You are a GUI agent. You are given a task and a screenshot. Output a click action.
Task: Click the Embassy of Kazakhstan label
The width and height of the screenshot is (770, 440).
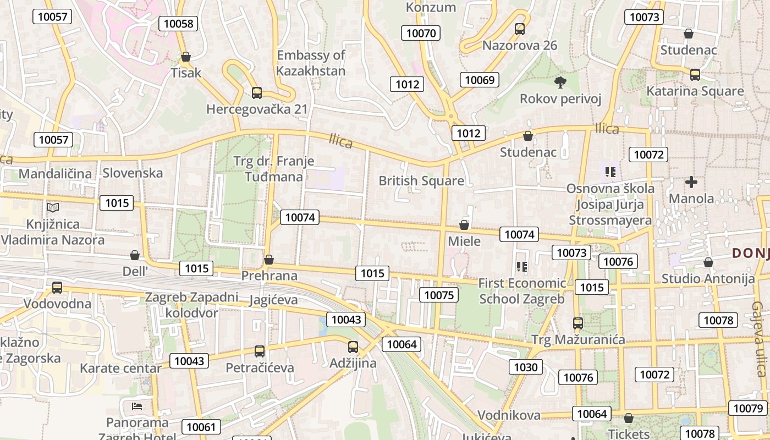point(311,63)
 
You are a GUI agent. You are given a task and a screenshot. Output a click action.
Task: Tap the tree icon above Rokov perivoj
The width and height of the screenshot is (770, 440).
point(560,83)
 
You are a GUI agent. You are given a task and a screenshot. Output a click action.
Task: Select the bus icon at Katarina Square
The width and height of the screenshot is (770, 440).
point(695,74)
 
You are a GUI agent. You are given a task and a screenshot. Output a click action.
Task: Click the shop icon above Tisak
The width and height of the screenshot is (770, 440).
point(186,57)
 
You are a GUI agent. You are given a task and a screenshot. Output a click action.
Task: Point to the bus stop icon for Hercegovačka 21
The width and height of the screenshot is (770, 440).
point(256,92)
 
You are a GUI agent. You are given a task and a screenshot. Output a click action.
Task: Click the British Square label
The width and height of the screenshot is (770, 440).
point(421,180)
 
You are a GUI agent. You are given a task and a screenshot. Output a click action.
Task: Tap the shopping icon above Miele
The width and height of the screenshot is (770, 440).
point(464,225)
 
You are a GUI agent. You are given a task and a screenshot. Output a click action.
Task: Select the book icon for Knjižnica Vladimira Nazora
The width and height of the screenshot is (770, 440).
point(53,207)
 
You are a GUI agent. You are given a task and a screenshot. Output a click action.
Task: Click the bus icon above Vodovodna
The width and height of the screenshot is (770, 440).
point(57,287)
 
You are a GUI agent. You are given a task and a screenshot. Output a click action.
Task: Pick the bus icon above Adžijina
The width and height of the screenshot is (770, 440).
point(353,347)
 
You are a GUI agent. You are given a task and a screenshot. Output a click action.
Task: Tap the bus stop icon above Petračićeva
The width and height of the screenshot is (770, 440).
point(260,351)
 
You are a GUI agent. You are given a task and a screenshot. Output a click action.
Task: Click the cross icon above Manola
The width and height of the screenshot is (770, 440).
point(691,182)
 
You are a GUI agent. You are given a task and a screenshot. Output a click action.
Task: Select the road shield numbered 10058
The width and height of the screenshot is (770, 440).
point(179,23)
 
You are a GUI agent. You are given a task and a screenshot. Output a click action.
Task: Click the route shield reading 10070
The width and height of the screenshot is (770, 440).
point(421,33)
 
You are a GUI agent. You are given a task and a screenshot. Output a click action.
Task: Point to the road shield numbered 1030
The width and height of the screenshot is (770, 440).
point(525,367)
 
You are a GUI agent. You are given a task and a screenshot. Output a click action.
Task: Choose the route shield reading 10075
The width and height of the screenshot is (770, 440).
point(438,295)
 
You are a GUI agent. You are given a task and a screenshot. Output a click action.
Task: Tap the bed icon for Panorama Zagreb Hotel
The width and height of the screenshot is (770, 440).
point(137,406)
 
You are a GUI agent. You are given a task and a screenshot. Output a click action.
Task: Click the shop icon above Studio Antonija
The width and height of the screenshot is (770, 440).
point(708,262)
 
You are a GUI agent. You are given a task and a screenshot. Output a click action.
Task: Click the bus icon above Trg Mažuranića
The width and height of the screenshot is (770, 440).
point(577,323)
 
